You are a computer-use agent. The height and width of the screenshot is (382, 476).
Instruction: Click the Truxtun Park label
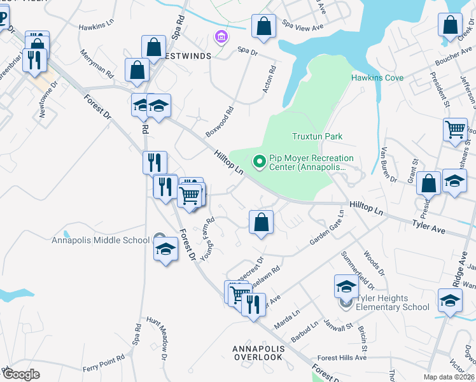pyautogui.click(x=317, y=136)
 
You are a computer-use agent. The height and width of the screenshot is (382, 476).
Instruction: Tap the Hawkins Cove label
pyautogui.click(x=377, y=78)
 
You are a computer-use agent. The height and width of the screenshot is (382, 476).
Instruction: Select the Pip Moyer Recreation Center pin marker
pyautogui.click(x=259, y=162)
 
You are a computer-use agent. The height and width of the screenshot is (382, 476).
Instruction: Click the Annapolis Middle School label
pyautogui.click(x=101, y=240)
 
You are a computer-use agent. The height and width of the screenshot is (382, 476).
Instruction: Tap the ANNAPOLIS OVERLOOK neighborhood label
pyautogui.click(x=257, y=353)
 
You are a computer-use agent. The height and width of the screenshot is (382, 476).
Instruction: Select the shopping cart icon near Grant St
pyautogui.click(x=455, y=129)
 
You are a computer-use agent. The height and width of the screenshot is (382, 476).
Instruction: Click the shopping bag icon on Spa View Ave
pyautogui.click(x=263, y=27)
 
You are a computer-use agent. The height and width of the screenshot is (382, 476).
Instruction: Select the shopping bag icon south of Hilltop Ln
pyautogui.click(x=261, y=222)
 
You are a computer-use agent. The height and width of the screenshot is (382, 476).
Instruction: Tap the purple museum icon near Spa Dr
pyautogui.click(x=221, y=38)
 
